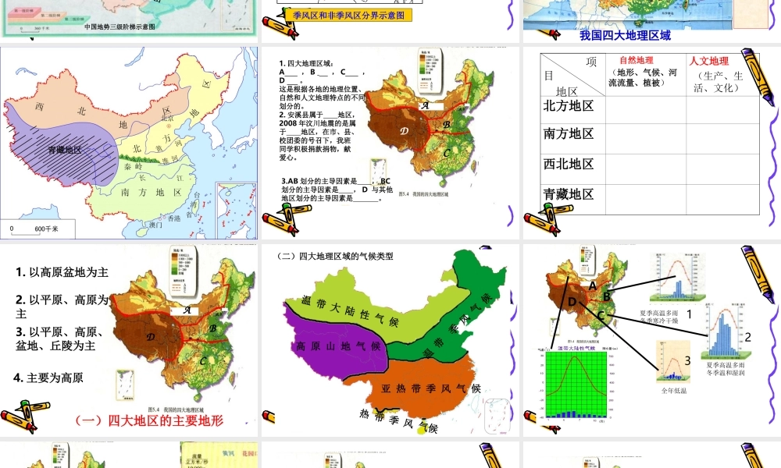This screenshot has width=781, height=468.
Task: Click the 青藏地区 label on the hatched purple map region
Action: coord(64,149)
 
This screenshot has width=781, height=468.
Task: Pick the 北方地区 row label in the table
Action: coord(569,106)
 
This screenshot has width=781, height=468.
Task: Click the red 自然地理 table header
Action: coord(636,60)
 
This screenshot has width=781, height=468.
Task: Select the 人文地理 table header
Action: coord(708,61)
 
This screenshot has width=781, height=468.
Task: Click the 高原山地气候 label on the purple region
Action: coord(338,346)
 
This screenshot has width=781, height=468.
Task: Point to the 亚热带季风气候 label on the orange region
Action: coord(430,388)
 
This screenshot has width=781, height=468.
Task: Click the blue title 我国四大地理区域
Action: coord(626,35)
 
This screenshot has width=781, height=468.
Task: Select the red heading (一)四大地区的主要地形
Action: coord(149,420)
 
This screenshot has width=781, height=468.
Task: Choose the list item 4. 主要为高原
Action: coord(48,378)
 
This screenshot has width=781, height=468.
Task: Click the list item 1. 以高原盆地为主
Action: coord(62,272)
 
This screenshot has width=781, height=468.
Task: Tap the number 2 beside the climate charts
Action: coord(747,337)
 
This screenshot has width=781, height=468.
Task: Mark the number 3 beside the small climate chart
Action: coord(687,360)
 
